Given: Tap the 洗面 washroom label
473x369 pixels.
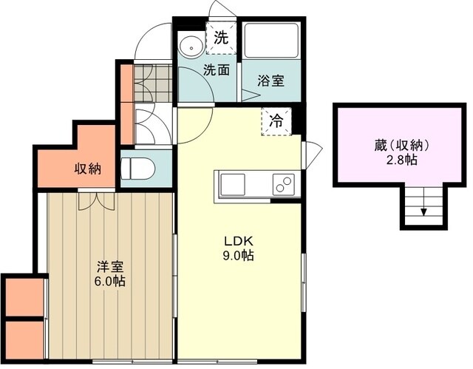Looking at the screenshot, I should (x=217, y=70).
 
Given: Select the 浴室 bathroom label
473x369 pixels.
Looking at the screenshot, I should (x=270, y=81).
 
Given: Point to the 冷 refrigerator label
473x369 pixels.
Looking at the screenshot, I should (x=275, y=119).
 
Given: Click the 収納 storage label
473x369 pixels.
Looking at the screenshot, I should (x=87, y=169).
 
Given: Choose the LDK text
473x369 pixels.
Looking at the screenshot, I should (x=239, y=240).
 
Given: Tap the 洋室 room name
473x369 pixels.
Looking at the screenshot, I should (x=109, y=266).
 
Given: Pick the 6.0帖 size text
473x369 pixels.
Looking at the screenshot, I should (x=109, y=281).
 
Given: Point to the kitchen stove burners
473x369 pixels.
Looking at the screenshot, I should (x=283, y=183).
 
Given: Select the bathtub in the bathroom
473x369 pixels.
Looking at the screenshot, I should (x=270, y=41).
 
